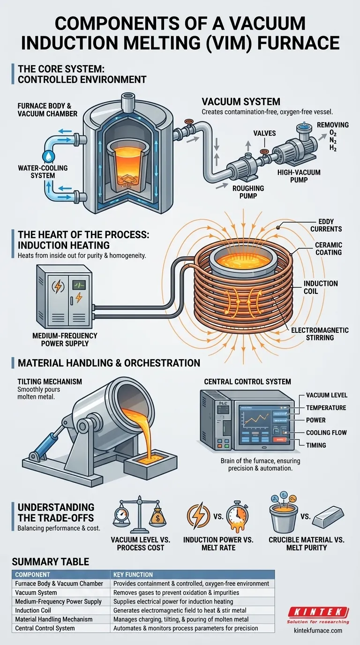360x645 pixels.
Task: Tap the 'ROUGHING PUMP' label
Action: [248, 192]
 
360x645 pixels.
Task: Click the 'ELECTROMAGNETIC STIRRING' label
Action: [320, 334]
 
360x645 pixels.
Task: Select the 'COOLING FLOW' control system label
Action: [326, 433]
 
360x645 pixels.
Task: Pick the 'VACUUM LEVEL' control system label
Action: [327, 395]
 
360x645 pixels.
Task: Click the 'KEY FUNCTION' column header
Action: [133, 574]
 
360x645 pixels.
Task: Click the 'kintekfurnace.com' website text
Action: [317, 630]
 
